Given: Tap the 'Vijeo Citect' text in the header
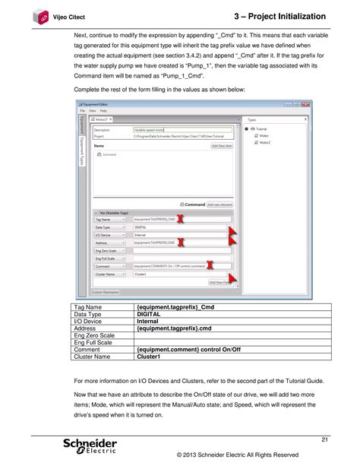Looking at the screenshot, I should tap(69, 16).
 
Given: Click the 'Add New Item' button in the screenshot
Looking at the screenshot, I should tap(224, 145).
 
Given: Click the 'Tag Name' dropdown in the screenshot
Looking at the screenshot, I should tap(110, 218).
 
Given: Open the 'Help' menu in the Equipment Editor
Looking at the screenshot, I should tap(103, 111).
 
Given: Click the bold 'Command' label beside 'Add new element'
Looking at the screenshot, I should tap(194, 204).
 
